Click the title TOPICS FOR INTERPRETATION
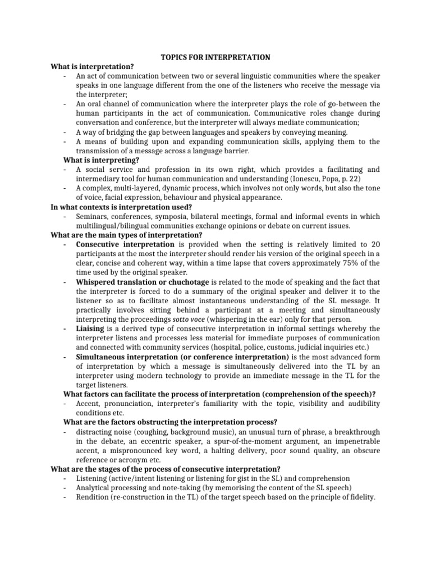(215, 57)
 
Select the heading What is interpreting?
(101, 160)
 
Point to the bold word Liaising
(92, 328)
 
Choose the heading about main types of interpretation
(126, 235)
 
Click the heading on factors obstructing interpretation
(170, 422)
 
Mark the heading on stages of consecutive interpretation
(166, 469)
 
